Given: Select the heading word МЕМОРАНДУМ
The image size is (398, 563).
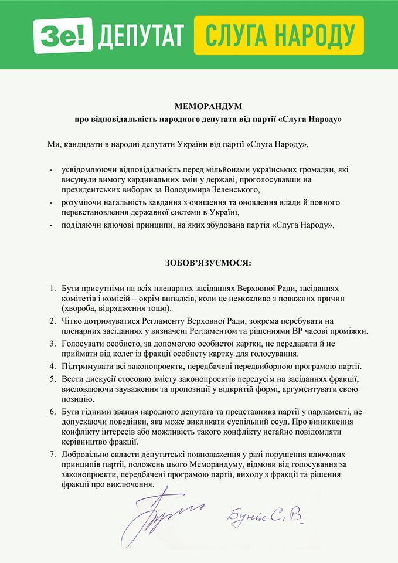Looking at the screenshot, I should pyautogui.click(x=200, y=107).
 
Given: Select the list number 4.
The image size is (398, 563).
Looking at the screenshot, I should pyautogui.click(x=53, y=366).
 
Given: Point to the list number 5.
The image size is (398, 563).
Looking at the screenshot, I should pyautogui.click(x=53, y=379).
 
